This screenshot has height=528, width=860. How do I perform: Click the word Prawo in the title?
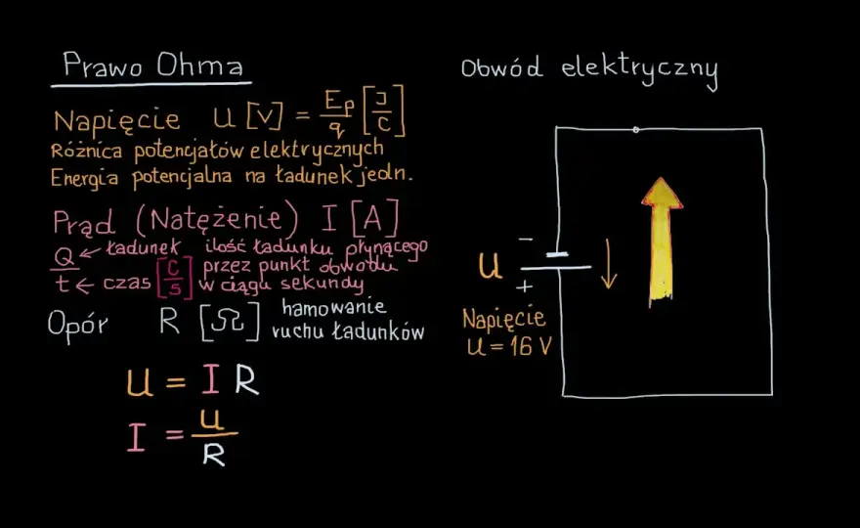click(103, 65)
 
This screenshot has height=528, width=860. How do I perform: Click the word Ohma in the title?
click(199, 65)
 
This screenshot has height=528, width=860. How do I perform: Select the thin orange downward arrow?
click(608, 264)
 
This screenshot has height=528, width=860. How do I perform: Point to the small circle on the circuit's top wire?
click(635, 130)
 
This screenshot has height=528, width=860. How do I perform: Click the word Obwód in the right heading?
click(501, 67)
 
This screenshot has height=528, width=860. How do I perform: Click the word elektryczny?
click(639, 71)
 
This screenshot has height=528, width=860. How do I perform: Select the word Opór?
click(77, 326)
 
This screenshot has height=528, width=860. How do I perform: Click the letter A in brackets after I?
click(373, 219)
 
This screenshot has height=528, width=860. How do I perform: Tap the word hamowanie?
click(333, 307)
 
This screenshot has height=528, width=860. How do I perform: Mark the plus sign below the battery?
click(525, 286)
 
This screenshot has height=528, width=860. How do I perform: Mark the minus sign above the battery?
click(526, 239)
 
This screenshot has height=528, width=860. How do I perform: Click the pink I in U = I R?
click(211, 379)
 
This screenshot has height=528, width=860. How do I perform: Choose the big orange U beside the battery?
click(490, 266)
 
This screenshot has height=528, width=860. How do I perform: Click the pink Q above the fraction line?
click(64, 257)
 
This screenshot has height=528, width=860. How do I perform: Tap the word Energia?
click(84, 178)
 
